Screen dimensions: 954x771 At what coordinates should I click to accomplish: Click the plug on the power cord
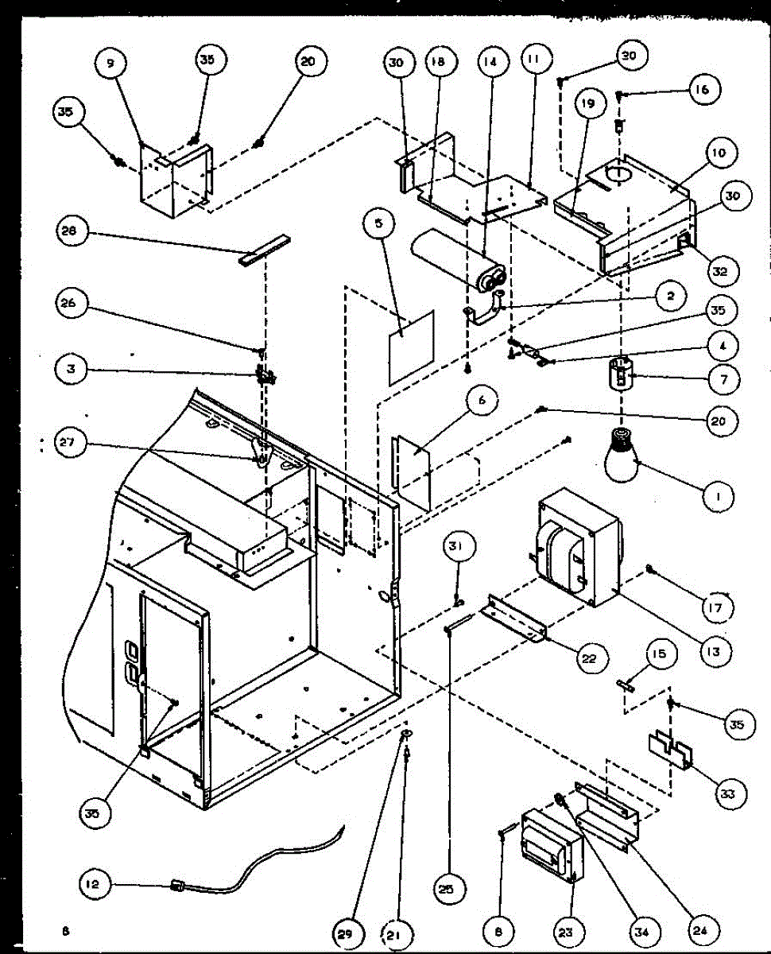pyautogui.click(x=178, y=884)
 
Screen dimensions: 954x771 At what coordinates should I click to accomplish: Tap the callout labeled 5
pyautogui.click(x=379, y=224)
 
